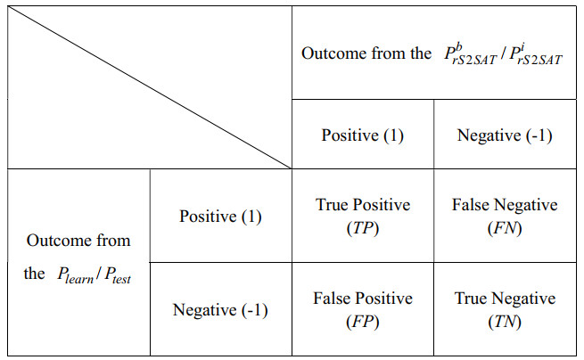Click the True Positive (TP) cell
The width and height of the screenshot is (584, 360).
click(x=363, y=216)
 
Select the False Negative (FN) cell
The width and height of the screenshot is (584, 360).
click(x=505, y=216)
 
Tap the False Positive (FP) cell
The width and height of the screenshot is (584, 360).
click(x=363, y=309)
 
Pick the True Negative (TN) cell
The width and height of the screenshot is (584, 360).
click(x=505, y=309)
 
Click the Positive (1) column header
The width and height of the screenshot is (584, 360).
click(x=363, y=135)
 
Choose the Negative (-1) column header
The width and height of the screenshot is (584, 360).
click(x=505, y=135)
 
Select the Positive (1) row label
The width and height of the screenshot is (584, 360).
click(x=220, y=217)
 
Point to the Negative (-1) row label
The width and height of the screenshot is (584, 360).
click(x=220, y=310)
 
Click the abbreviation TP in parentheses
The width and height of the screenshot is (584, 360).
click(x=363, y=227)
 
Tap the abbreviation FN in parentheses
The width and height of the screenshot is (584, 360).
click(x=505, y=227)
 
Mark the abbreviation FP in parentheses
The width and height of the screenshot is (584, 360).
click(x=363, y=321)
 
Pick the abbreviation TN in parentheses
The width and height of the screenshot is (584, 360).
click(x=505, y=321)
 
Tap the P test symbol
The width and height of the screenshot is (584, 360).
click(x=126, y=275)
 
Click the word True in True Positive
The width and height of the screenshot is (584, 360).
click(x=332, y=205)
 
